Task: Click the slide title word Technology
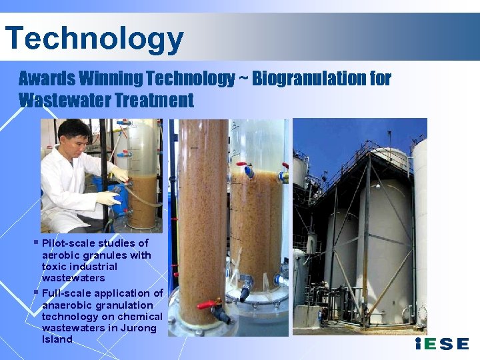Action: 93,38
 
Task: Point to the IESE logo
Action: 441,344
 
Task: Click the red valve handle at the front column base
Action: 208,305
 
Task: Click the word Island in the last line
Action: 57,339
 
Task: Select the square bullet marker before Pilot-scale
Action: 36,241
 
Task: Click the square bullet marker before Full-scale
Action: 36,291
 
